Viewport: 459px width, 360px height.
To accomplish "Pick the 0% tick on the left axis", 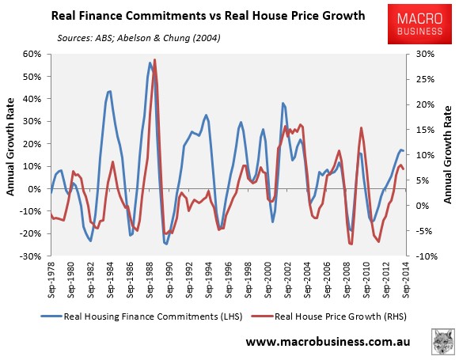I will click(x=36, y=189).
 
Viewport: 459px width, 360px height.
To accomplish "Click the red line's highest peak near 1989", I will click(x=155, y=60).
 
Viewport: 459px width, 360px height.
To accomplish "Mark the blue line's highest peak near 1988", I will click(x=150, y=63).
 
